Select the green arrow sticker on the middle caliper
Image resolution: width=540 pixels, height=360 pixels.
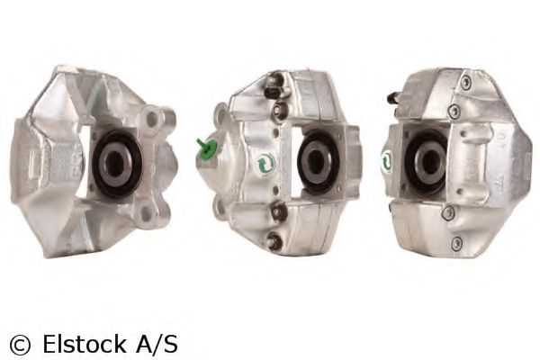(264, 165)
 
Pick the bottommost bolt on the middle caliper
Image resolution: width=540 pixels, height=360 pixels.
(273, 240)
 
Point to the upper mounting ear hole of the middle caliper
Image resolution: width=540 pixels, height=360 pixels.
(219, 114)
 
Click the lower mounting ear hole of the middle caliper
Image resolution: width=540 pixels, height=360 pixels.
(219, 206)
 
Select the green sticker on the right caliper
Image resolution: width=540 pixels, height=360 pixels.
(387, 160)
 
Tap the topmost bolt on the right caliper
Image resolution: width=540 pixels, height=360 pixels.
(464, 82)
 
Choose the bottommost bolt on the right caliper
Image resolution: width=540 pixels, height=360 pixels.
(457, 243)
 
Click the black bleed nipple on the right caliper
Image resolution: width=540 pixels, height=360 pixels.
(393, 97)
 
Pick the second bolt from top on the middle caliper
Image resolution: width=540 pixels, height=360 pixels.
(278, 109)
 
